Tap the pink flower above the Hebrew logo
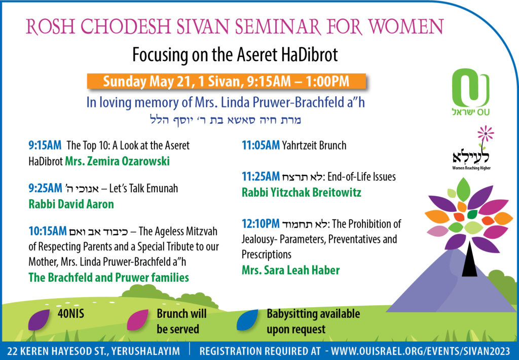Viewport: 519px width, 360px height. click(485, 133)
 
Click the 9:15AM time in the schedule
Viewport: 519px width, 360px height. click(45, 145)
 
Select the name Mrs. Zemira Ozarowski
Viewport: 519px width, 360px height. click(117, 161)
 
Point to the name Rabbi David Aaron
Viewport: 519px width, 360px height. click(71, 204)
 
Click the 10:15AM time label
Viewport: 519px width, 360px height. click(47, 231)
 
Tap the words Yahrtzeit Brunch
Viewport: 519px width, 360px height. click(314, 145)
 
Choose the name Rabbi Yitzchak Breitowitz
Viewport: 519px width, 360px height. click(302, 192)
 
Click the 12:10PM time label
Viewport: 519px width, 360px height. click(261, 224)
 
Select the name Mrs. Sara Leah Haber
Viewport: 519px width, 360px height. click(290, 270)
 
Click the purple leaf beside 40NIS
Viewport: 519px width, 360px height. click(39, 319)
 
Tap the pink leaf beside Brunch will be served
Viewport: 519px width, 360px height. click(138, 319)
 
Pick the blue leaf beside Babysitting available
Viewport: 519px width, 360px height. click(247, 319)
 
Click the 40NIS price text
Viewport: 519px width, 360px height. click(71, 313)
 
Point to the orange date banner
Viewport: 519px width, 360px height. click(227, 81)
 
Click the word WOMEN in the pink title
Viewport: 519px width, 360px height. click(405, 27)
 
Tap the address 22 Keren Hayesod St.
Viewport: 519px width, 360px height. click(94, 351)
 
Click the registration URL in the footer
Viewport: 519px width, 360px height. click(420, 351)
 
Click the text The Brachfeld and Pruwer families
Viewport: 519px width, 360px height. click(108, 277)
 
